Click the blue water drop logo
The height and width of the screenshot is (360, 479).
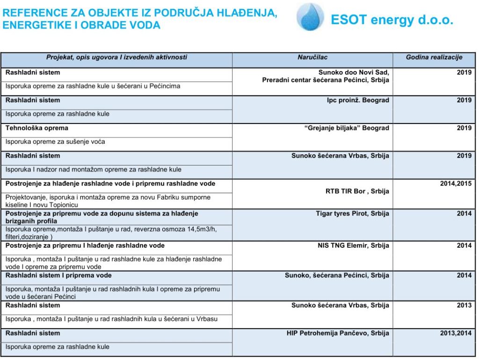pyautogui.click(x=310, y=17)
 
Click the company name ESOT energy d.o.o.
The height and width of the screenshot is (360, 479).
pyautogui.click(x=392, y=20)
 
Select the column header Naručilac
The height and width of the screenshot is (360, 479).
pyautogui.click(x=312, y=58)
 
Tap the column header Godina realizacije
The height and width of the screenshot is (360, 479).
pyautogui.click(x=434, y=58)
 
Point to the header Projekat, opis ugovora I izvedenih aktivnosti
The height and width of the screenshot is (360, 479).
pyautogui.click(x=116, y=58)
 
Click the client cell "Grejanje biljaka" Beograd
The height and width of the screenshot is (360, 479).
pyautogui.click(x=347, y=128)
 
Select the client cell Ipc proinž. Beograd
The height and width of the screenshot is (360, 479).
pyautogui.click(x=358, y=101)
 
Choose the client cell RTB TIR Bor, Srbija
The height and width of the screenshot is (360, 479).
pyautogui.click(x=357, y=191)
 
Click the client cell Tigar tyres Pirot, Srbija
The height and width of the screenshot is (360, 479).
pyautogui.click(x=352, y=214)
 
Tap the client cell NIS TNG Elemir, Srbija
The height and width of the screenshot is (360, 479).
pyautogui.click(x=353, y=245)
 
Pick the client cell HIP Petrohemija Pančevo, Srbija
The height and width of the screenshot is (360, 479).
pyautogui.click(x=338, y=333)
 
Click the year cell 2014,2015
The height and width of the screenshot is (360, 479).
pyautogui.click(x=456, y=184)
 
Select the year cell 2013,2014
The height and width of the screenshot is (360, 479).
pyautogui.click(x=456, y=333)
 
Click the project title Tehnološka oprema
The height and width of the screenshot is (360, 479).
pyautogui.click(x=37, y=128)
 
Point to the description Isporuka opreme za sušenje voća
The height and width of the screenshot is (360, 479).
pyautogui.click(x=55, y=142)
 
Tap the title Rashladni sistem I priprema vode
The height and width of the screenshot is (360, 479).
pyautogui.click(x=58, y=275)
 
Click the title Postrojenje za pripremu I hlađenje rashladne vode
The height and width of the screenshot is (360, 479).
pyautogui.click(x=85, y=245)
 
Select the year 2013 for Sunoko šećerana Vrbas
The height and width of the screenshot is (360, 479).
pyautogui.click(x=464, y=305)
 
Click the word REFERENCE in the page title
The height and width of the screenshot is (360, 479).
pyautogui.click(x=31, y=14)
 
